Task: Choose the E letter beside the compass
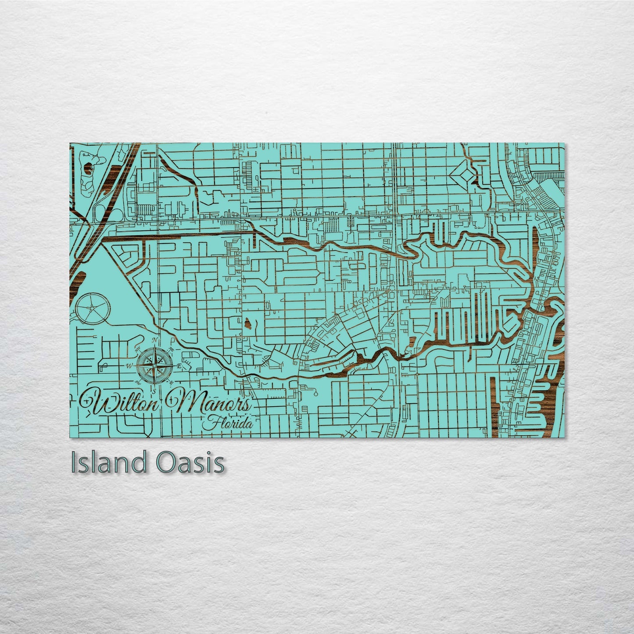click(x=178, y=365)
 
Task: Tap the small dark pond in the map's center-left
click(x=248, y=324)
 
